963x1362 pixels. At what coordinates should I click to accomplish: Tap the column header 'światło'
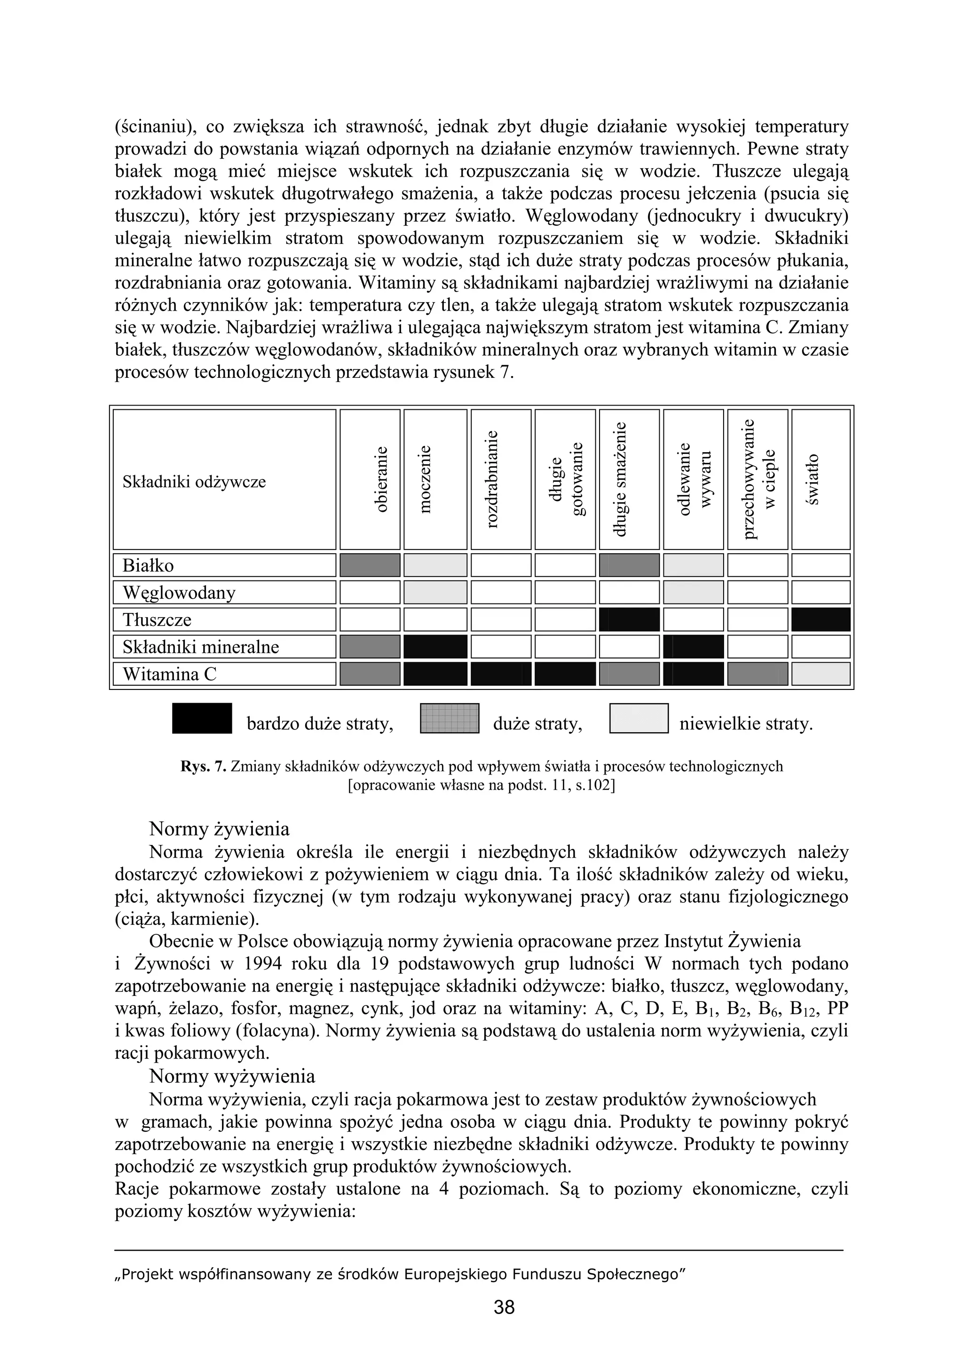pos(813,479)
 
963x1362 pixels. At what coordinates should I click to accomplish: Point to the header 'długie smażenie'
pos(620,479)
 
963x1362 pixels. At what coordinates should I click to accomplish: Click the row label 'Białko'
pos(148,565)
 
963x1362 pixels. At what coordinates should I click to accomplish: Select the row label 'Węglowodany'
pos(179,593)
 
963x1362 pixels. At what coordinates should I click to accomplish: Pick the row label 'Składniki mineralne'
pos(201,647)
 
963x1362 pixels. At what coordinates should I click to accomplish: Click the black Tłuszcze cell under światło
pos(821,619)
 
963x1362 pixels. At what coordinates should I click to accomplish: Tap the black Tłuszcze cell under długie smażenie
pos(629,619)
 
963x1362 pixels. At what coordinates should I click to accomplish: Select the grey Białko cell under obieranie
pos(370,565)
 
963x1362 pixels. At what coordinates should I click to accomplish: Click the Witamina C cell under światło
pos(821,674)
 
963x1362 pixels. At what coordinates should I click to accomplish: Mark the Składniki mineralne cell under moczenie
pos(435,647)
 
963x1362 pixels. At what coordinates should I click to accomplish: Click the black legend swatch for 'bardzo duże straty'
pos(202,719)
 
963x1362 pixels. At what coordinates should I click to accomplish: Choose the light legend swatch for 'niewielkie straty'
pos(639,719)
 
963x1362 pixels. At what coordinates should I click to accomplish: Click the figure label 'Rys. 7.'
pos(204,767)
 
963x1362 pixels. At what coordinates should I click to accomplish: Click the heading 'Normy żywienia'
pos(219,828)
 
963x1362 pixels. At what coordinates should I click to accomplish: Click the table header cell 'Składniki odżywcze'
pos(194,481)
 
